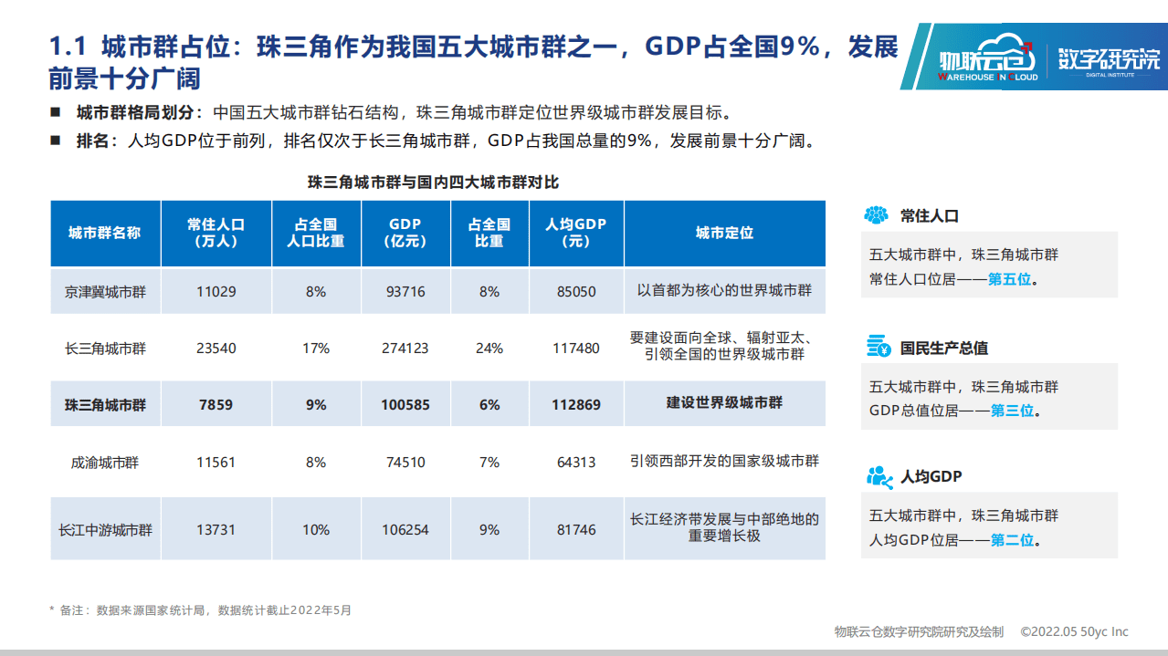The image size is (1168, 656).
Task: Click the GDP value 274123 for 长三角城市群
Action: coord(405,348)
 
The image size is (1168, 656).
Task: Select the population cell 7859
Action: coord(216,404)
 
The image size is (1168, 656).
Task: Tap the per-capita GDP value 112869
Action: coord(576,404)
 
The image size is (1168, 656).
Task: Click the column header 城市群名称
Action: coord(105,233)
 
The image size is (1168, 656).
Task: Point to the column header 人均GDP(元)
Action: coord(576,233)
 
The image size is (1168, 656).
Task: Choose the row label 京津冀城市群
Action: coord(105,292)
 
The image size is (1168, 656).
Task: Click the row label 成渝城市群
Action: coord(105,462)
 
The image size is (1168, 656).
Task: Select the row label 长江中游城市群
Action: coord(105,529)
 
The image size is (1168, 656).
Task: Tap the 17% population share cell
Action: coord(316,348)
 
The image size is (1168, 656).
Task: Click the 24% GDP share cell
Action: coord(489,348)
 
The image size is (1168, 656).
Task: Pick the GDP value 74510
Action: coord(405,462)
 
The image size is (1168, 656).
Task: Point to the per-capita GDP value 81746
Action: coord(576,529)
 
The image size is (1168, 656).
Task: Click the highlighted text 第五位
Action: coord(1010,279)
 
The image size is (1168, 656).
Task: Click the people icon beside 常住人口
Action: coord(877,215)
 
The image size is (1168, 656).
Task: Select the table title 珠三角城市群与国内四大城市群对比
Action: coord(434,182)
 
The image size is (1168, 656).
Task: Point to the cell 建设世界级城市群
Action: coord(724,402)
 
